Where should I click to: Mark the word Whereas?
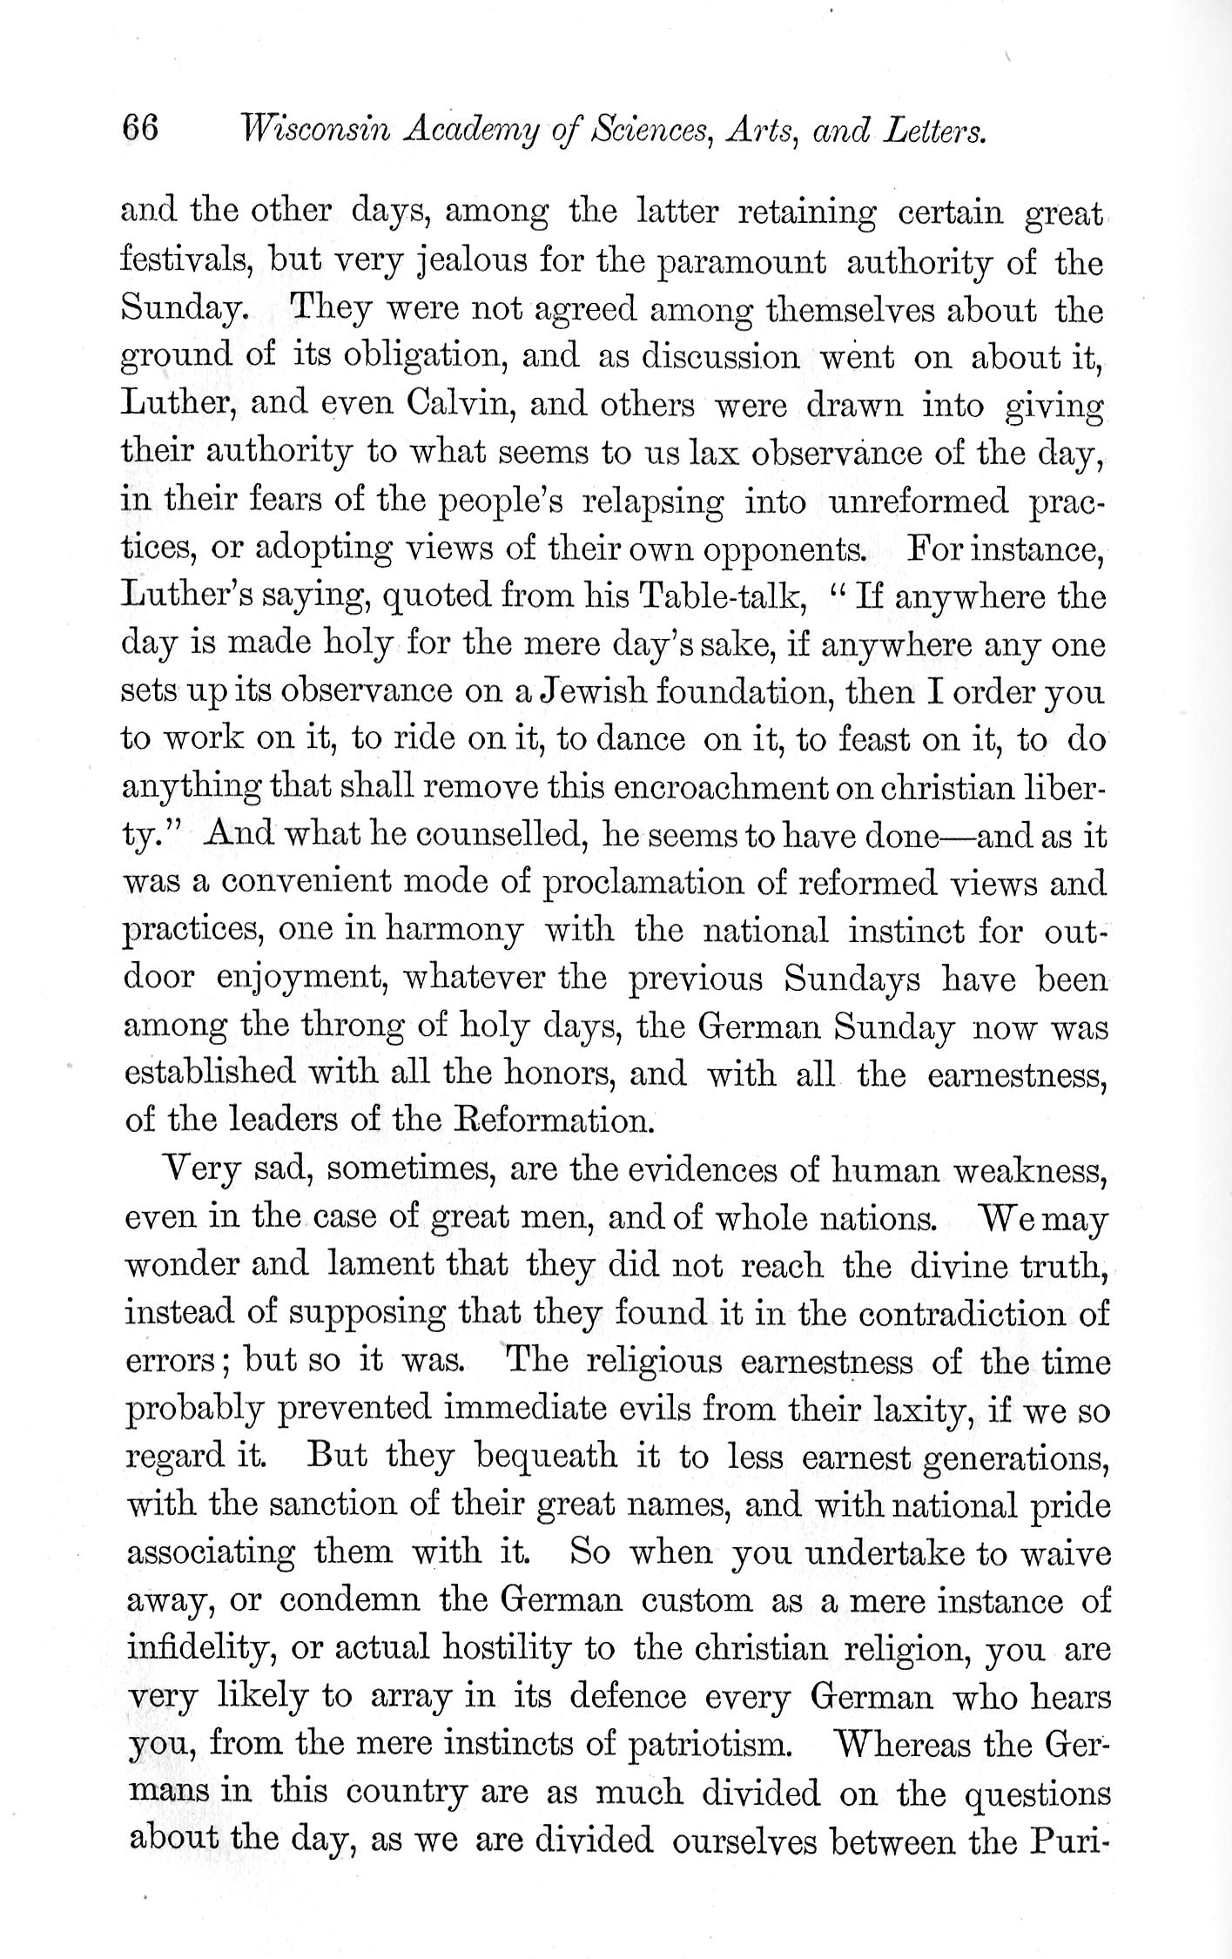click(904, 1743)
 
